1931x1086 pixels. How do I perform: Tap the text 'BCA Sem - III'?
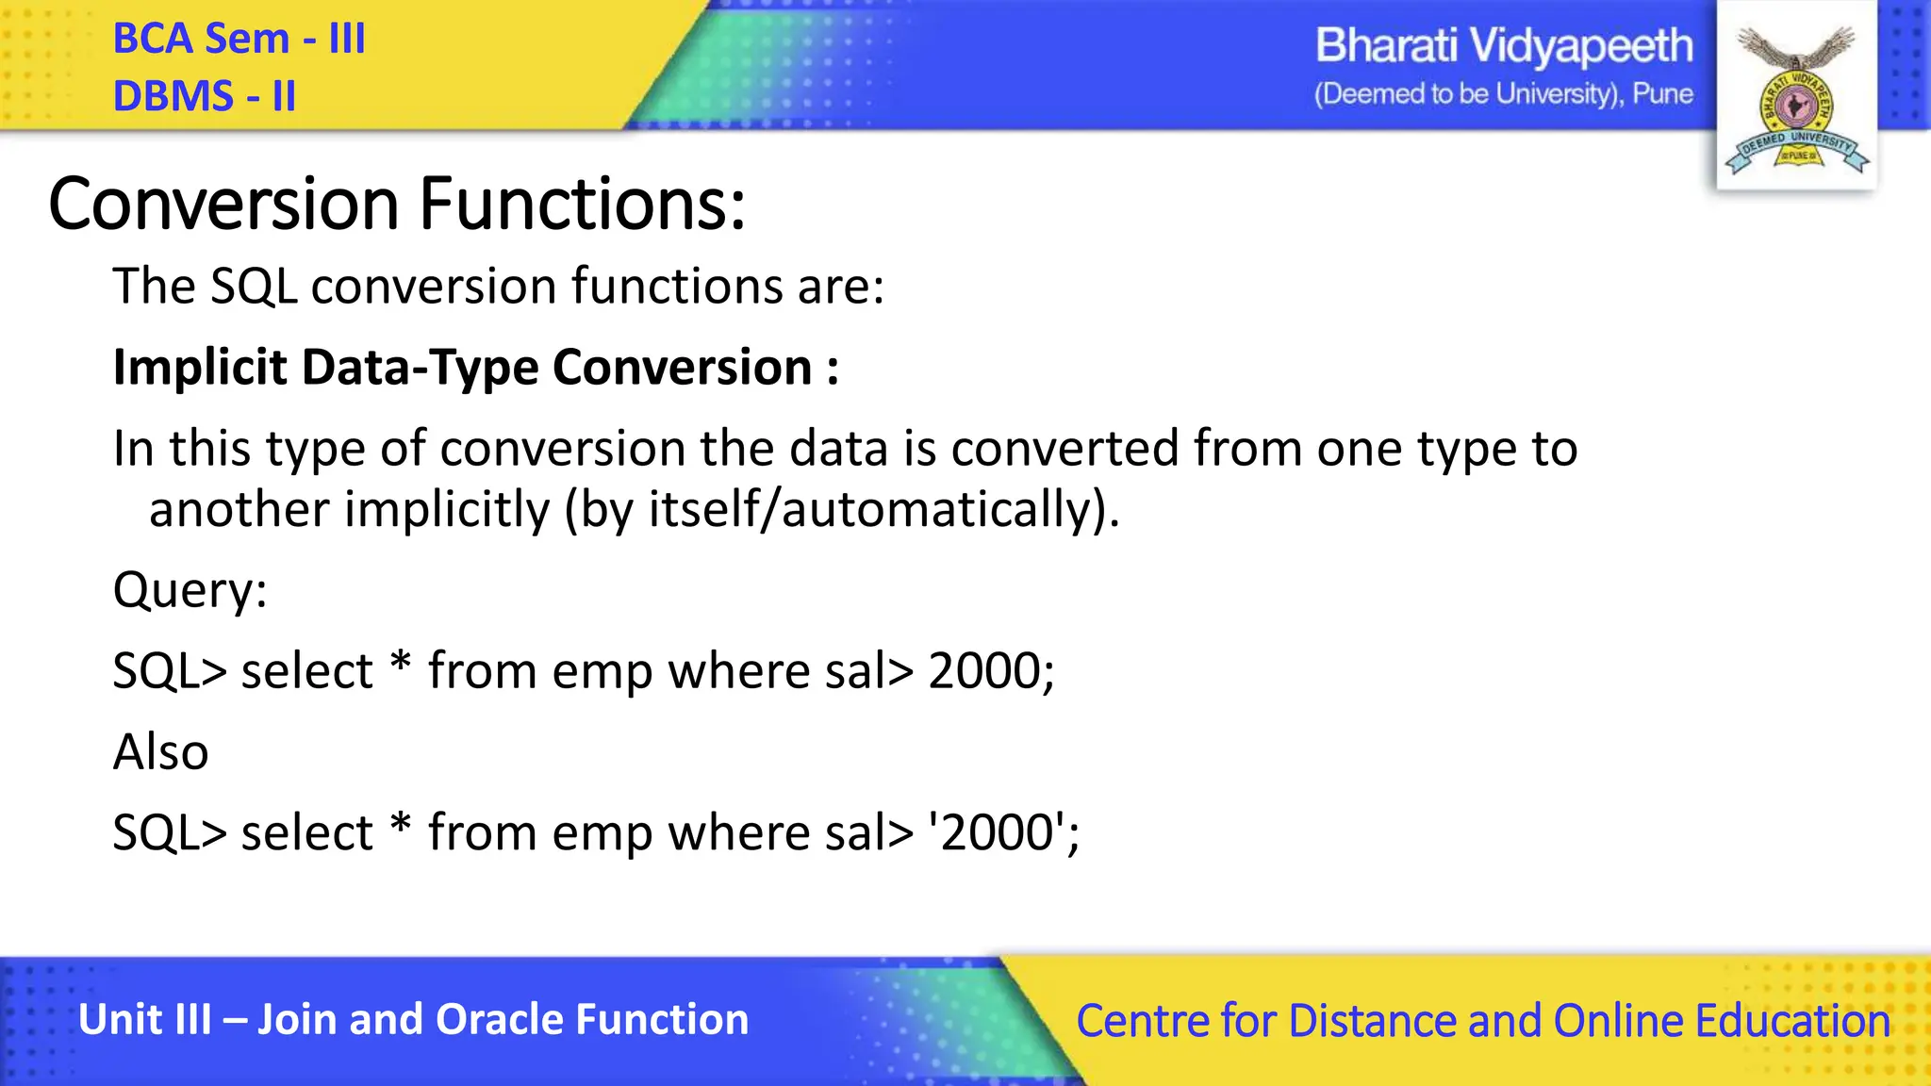pos(239,39)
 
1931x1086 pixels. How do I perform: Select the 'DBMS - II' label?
pos(205,96)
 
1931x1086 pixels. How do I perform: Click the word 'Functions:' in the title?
pos(582,204)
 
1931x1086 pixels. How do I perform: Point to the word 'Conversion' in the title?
pos(224,204)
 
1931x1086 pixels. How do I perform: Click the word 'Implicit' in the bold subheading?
pos(200,368)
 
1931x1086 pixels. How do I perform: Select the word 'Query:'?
pos(190,591)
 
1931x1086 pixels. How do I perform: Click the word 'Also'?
pos(160,752)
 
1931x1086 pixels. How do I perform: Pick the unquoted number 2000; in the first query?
pos(991,672)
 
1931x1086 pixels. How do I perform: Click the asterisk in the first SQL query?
pos(401,663)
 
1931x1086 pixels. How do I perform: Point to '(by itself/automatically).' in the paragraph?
pos(842,511)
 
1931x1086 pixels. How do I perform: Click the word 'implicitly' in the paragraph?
pos(446,511)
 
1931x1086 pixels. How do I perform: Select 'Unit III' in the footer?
pos(145,1020)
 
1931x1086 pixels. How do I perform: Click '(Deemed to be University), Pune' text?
pos(1504,94)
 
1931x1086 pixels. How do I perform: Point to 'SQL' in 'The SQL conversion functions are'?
pos(253,287)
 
